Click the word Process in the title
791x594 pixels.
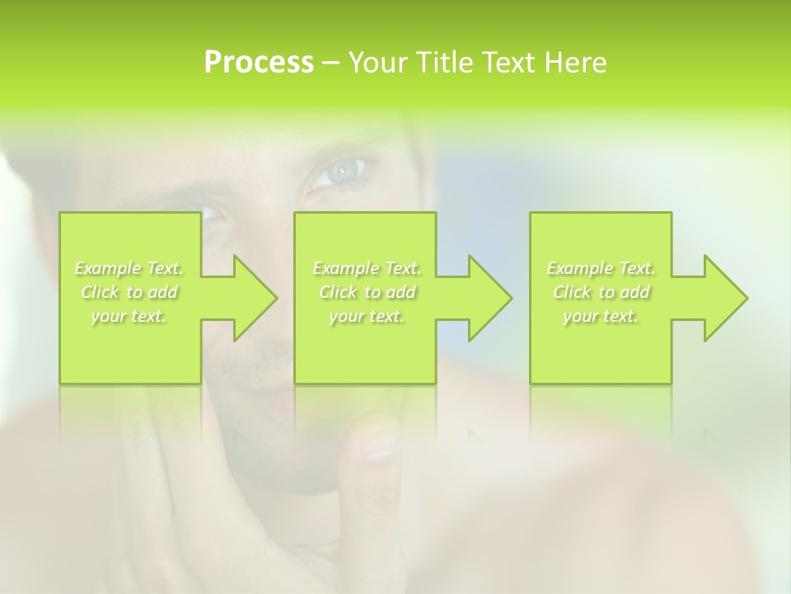[259, 63]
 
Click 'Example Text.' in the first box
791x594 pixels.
[129, 268]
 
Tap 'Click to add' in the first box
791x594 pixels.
[129, 292]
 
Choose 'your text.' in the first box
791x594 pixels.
[129, 316]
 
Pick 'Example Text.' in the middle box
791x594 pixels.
[367, 268]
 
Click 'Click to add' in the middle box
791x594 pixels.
[367, 292]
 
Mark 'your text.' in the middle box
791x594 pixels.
[367, 316]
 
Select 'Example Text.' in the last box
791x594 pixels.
[601, 268]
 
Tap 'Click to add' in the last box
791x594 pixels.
[601, 292]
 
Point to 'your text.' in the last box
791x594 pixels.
[601, 316]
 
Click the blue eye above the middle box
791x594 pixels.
[340, 172]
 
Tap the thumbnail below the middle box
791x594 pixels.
[378, 446]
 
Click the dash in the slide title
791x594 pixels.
[330, 64]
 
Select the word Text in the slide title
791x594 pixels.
[507, 63]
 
